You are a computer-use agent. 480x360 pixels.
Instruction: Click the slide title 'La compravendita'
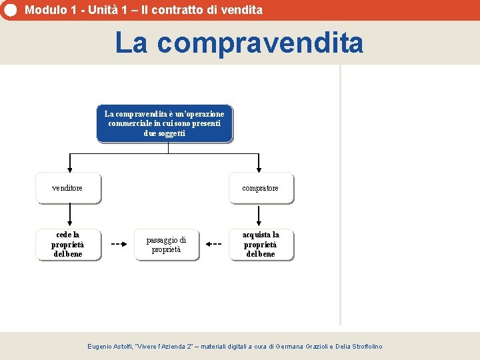click(239, 43)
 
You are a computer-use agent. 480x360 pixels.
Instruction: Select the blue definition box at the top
click(165, 123)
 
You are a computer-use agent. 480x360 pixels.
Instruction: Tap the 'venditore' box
click(68, 188)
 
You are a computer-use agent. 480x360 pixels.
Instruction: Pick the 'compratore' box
click(261, 188)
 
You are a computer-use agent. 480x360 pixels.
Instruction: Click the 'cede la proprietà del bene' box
click(68, 245)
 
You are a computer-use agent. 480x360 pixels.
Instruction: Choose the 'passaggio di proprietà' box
click(166, 245)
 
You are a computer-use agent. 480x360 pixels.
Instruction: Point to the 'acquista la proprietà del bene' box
click(261, 245)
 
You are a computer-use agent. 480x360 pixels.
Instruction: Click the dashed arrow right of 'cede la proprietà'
click(119, 244)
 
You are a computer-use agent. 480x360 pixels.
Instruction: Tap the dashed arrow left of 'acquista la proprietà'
click(213, 244)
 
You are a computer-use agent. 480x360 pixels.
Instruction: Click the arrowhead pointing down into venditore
click(69, 169)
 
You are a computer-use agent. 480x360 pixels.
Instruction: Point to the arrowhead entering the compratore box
click(260, 169)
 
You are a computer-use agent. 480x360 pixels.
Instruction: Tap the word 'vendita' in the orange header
click(243, 10)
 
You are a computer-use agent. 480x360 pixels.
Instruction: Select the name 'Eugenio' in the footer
click(102, 347)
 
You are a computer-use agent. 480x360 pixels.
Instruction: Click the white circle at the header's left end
click(9, 10)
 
